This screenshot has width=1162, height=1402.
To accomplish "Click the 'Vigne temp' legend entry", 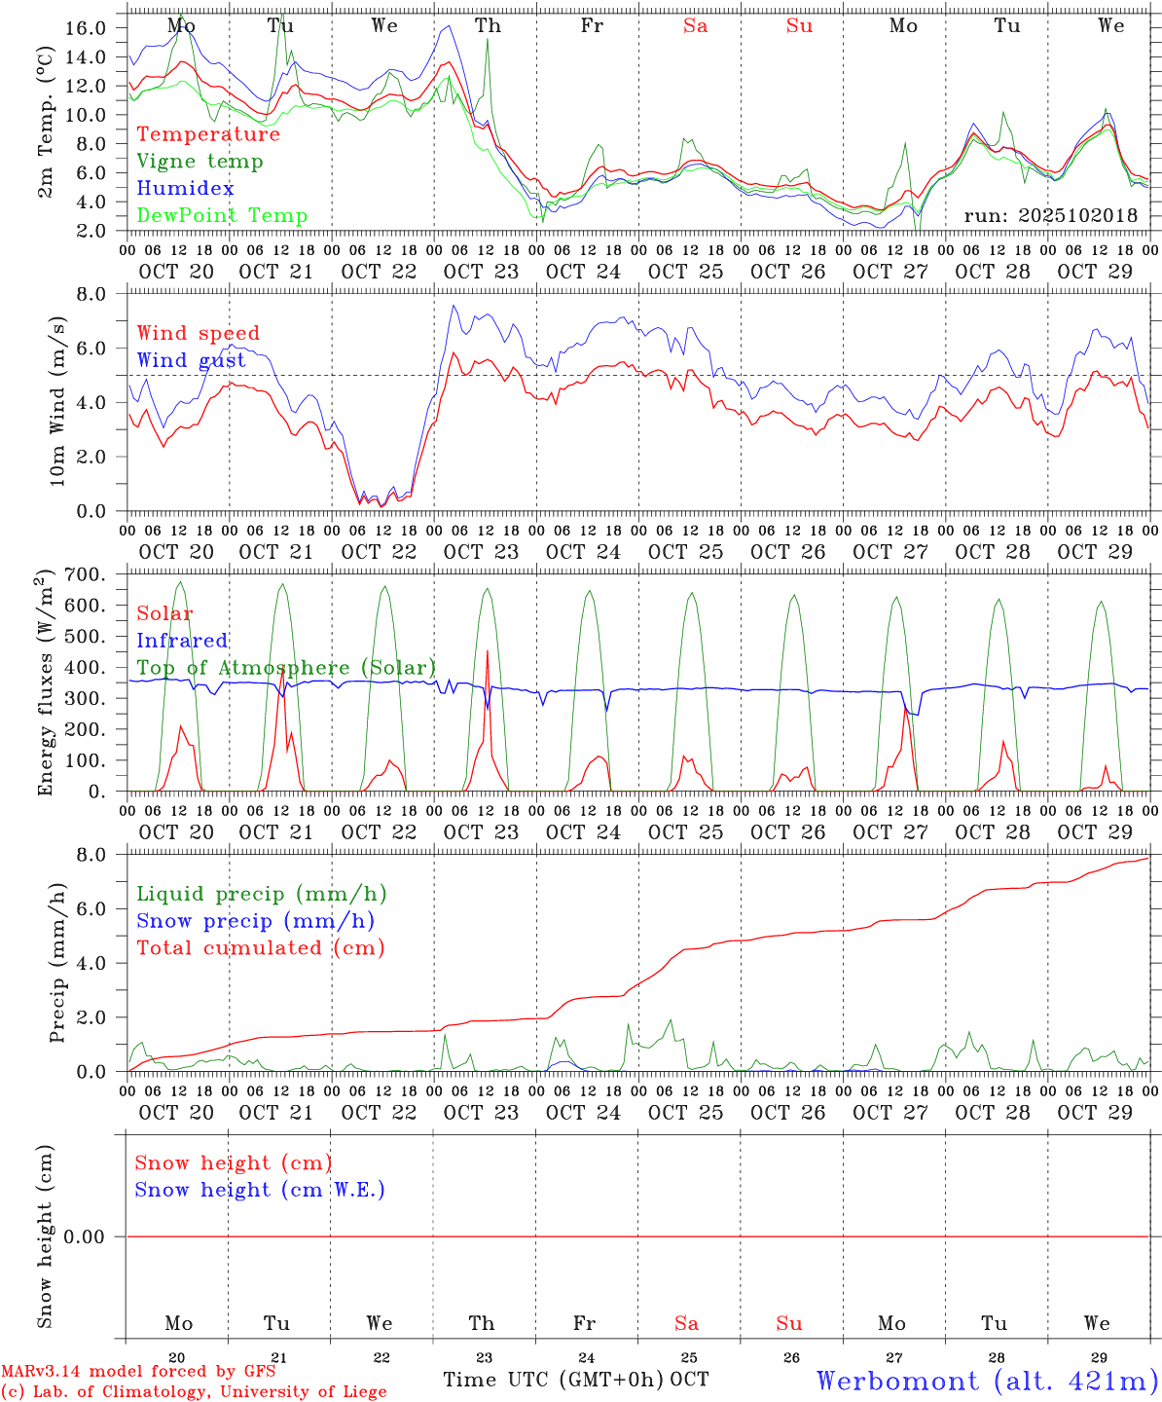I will point(200,162).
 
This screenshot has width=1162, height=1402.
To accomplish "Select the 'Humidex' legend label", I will point(185,189).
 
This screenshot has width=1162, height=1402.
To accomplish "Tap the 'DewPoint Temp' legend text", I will point(222,216).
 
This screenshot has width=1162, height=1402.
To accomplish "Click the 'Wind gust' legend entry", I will point(191,360).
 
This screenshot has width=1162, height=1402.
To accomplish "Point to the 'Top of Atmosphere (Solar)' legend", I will point(286,668).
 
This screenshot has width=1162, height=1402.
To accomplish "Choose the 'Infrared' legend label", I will point(182,641).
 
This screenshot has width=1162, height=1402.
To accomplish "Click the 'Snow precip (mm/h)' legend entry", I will point(255,921).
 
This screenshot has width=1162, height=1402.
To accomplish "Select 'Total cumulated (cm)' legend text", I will point(260,948).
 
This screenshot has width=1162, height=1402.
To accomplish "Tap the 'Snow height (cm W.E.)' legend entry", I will point(260,1190).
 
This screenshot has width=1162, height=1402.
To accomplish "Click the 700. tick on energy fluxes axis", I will point(85,574).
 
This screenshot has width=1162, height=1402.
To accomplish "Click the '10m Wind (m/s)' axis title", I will point(57,401).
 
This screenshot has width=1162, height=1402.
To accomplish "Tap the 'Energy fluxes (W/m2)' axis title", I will point(46,683).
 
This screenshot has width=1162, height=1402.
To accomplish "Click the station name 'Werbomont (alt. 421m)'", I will point(987,1381).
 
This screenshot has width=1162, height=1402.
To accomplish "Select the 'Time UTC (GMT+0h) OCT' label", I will point(576,1380).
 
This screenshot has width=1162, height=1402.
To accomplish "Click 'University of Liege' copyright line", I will point(194,1392).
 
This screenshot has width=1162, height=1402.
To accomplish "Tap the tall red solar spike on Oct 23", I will point(487,652).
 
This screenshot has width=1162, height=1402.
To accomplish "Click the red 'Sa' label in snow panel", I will point(686,1323).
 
